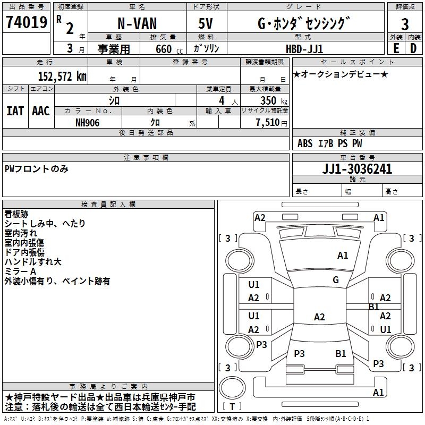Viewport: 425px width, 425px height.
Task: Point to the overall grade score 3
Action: pos(405,24)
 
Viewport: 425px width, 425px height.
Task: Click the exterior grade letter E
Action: pos(396,48)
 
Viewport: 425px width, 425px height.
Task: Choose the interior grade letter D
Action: pos(413,48)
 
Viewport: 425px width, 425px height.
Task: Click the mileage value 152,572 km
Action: pos(62,76)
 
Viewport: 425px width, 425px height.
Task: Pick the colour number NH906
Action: pos(88,122)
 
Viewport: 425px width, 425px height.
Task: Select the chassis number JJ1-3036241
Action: pos(343,169)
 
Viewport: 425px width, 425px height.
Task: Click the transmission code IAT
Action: pos(15,111)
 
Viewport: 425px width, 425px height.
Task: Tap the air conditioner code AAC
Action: pos(41,111)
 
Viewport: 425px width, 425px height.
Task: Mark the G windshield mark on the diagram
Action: pos(336,280)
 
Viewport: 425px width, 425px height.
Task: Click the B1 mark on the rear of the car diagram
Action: pos(341,353)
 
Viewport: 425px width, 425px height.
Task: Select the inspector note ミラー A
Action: pos(20,271)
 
